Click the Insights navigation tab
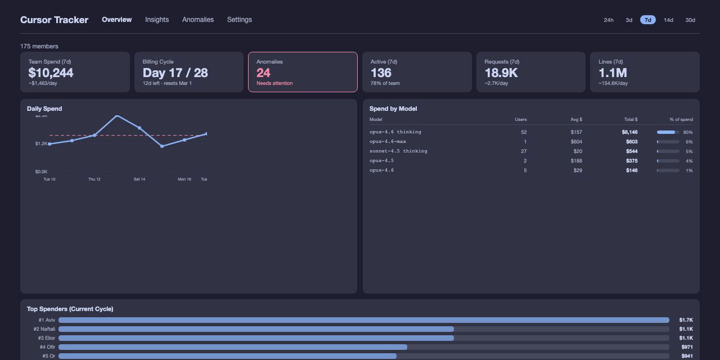coord(157,20)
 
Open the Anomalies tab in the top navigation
coord(198,20)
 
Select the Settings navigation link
coord(240,20)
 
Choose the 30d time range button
coord(690,20)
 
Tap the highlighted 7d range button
coord(647,20)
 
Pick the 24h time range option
coord(609,20)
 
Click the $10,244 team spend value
coord(51,73)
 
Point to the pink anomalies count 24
coord(263,73)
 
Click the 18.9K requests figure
coord(501,73)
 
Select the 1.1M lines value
coord(613,73)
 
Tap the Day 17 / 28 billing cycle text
coord(175,73)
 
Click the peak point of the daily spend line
coord(117,115)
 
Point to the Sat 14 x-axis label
coord(139,179)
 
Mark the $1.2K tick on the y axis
coord(41,143)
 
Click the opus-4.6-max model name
coord(388,142)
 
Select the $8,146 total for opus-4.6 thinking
coord(629,132)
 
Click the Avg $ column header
coord(576,120)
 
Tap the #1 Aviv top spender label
coord(47,320)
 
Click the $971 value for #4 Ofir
coord(687,347)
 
